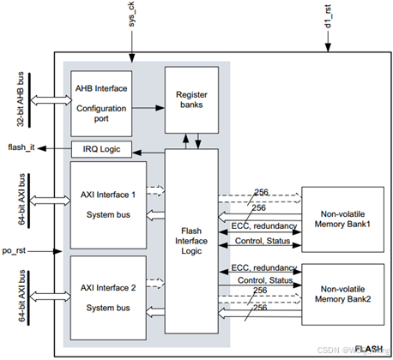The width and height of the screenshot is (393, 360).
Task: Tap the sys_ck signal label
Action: [x=130, y=18]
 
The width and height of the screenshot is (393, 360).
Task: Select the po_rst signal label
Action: [x=18, y=251]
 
